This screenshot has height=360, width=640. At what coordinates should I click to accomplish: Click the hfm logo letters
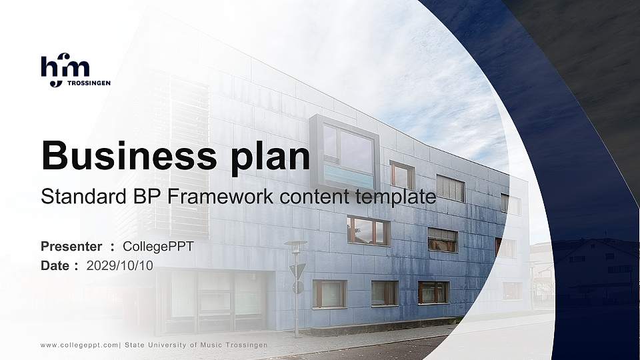[65, 68]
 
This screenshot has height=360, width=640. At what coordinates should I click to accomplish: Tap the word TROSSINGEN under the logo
[89, 83]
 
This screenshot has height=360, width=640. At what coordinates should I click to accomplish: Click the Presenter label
[71, 247]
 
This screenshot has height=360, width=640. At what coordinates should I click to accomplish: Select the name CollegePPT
[159, 247]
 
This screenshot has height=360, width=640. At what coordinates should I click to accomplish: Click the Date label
[55, 265]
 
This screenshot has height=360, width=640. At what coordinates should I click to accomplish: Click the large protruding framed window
[344, 153]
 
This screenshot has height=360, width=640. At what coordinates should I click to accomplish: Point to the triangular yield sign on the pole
[297, 270]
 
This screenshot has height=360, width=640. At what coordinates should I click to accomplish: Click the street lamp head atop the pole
[295, 244]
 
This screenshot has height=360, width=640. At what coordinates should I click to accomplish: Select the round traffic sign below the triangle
[298, 287]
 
